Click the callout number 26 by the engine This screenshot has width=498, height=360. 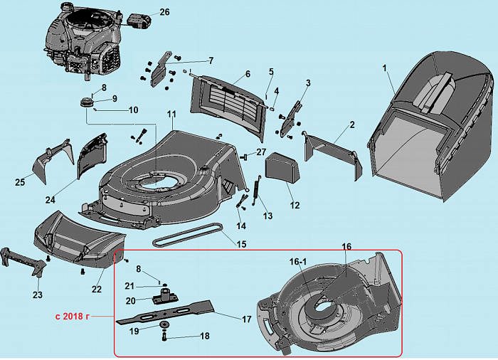pos(164,12)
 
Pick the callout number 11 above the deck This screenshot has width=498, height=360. pos(171,115)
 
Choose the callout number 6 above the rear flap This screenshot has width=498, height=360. pos(248,74)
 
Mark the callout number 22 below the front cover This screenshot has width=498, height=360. pos(97,289)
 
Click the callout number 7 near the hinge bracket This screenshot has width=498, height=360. pos(211,60)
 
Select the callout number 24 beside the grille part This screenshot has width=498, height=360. pos(50,199)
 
